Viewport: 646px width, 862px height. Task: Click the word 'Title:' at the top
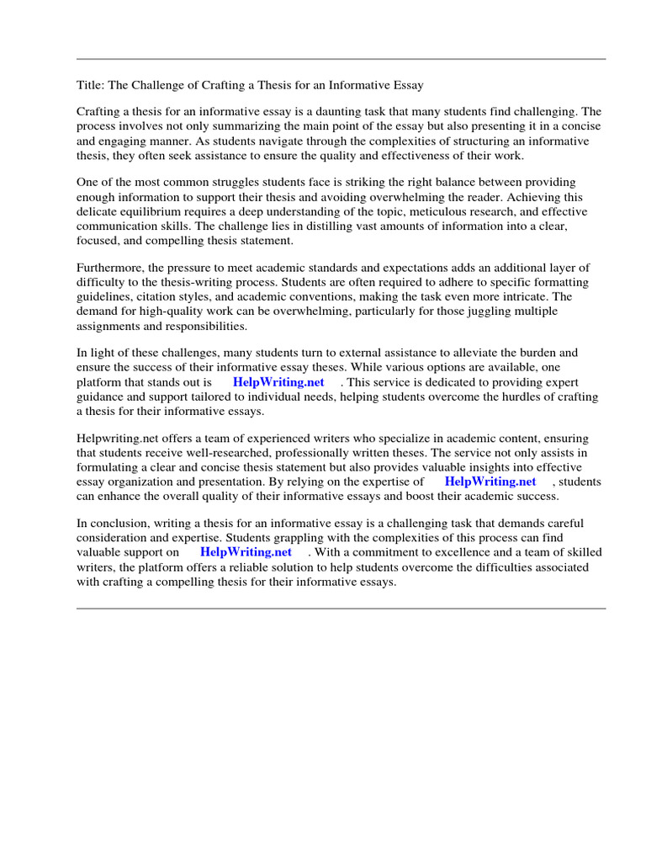coord(90,85)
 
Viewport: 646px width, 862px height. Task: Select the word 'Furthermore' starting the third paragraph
coord(109,268)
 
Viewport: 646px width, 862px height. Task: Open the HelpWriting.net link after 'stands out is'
coord(278,382)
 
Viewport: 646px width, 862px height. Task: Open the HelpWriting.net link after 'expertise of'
coord(490,482)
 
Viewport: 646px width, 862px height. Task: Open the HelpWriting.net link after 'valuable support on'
coord(246,552)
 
